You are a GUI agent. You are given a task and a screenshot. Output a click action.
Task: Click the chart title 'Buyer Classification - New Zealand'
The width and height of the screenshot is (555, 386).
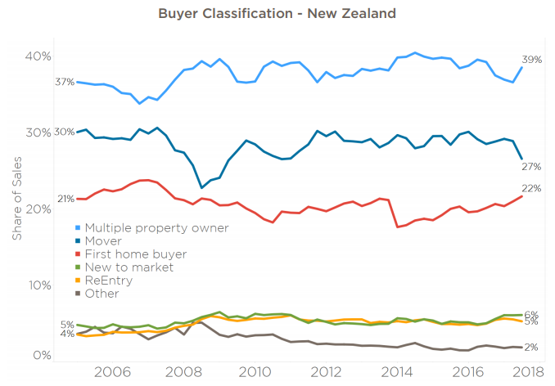click(x=277, y=15)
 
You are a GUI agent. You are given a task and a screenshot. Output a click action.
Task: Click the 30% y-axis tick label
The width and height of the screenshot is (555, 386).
click(x=38, y=132)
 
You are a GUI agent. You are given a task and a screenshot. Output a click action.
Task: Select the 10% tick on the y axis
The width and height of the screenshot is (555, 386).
click(x=38, y=285)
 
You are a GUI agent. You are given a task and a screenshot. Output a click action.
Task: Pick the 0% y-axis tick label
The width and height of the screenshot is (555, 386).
click(x=41, y=355)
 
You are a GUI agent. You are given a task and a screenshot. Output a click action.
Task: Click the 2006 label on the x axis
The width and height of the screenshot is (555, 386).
click(x=112, y=373)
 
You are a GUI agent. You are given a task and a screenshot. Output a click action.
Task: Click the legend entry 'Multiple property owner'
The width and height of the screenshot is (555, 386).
click(x=156, y=228)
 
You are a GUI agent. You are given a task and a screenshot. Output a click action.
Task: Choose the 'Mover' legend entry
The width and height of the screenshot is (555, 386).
click(x=103, y=241)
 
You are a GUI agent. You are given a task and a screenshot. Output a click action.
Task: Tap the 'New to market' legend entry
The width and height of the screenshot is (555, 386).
click(x=129, y=267)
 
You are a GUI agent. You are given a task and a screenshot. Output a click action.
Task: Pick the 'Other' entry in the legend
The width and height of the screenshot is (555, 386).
click(x=102, y=294)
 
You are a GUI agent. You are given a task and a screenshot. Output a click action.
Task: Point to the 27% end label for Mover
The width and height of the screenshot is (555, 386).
click(x=532, y=167)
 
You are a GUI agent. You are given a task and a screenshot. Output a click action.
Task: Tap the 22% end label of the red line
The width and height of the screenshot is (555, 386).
click(x=532, y=188)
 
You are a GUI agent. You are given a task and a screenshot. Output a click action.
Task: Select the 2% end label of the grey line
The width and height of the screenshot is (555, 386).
click(x=530, y=347)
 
